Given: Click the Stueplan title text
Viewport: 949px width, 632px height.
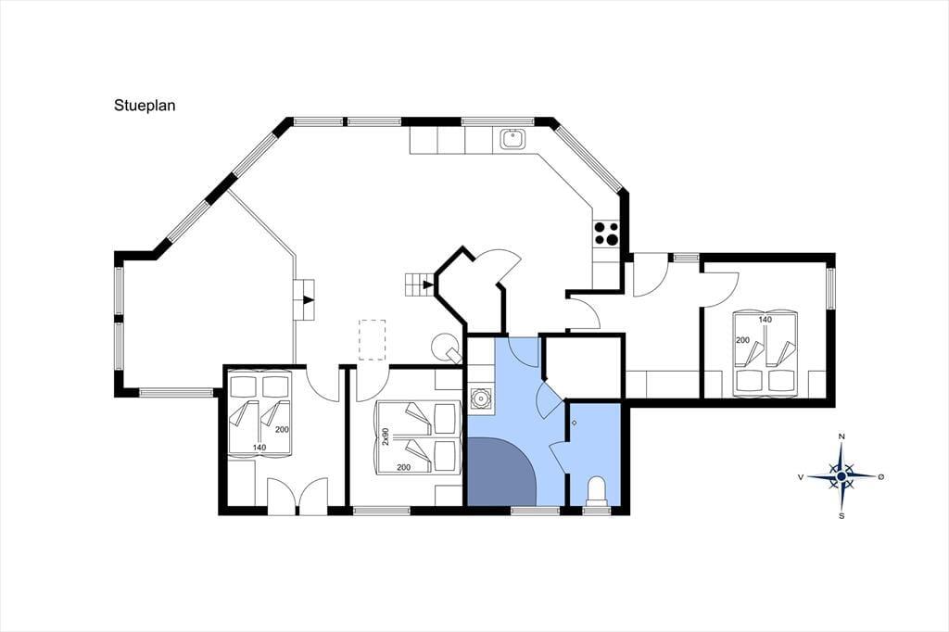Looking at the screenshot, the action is pyautogui.click(x=145, y=106).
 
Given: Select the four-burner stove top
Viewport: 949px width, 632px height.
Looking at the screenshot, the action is pyautogui.click(x=606, y=234).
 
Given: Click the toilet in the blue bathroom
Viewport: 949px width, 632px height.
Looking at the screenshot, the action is pyautogui.click(x=598, y=489).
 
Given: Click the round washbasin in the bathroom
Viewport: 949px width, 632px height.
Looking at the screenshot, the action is pyautogui.click(x=480, y=399).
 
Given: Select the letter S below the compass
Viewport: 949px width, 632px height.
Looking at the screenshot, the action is pyautogui.click(x=841, y=516).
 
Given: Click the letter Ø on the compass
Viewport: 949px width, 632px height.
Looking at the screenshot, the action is pyautogui.click(x=881, y=477).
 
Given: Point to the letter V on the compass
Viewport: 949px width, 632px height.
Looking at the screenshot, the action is pyautogui.click(x=801, y=477).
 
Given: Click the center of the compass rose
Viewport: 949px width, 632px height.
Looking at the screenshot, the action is pyautogui.click(x=841, y=477).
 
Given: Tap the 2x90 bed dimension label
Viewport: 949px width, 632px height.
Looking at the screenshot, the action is pyautogui.click(x=386, y=437).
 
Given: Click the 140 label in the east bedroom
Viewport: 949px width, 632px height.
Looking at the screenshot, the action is pyautogui.click(x=765, y=320).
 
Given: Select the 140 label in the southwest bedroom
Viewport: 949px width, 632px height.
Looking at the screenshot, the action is pyautogui.click(x=259, y=448).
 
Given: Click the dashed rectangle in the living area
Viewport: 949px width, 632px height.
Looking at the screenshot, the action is pyautogui.click(x=372, y=340).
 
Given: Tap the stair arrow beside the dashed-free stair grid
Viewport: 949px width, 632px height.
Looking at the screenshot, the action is pyautogui.click(x=428, y=284).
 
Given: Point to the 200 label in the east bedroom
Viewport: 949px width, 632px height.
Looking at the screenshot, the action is pyautogui.click(x=742, y=340).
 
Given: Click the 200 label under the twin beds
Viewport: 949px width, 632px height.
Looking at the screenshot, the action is pyautogui.click(x=404, y=467).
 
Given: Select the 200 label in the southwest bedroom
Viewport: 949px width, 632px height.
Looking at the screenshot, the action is pyautogui.click(x=282, y=430).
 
